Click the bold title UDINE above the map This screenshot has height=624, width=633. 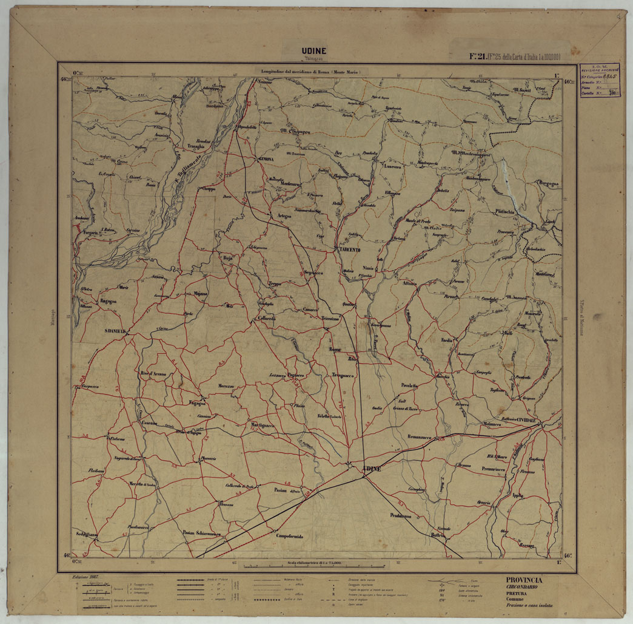[313, 51]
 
